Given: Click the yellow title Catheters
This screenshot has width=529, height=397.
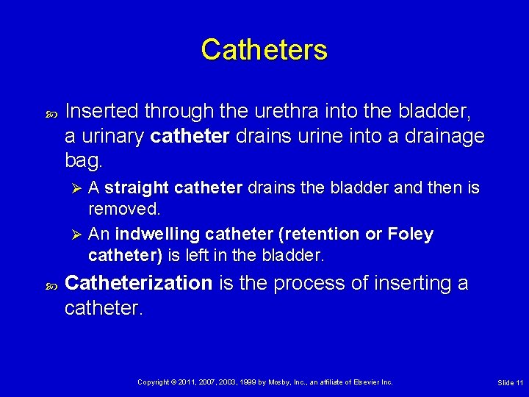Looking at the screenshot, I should click(x=264, y=50).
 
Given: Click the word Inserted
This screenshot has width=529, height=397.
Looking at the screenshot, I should click(x=102, y=111).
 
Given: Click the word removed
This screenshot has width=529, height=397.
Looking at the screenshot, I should click(x=123, y=209).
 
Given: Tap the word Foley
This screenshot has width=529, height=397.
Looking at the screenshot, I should click(x=410, y=235).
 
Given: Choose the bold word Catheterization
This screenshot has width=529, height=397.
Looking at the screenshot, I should click(x=138, y=283).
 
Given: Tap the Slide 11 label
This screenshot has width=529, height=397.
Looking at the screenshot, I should click(x=510, y=383).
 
